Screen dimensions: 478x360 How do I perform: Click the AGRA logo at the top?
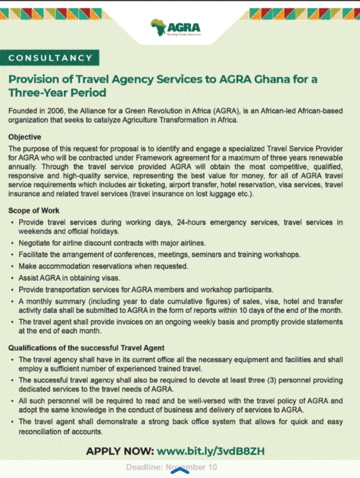coord(175,28)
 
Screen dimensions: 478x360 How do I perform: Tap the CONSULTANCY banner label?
coord(50,58)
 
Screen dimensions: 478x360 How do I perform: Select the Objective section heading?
coord(25,137)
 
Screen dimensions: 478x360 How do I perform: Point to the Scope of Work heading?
coord(33,211)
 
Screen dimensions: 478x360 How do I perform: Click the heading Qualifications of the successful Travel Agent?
coord(86,348)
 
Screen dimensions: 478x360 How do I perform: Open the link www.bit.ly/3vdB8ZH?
coord(210,452)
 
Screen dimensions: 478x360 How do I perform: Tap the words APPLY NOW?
coord(119,452)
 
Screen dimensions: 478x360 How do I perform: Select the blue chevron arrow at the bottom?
coord(179,470)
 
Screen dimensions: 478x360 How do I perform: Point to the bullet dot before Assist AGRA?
coord(12,278)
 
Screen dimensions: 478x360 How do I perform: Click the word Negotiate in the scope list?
coord(36,243)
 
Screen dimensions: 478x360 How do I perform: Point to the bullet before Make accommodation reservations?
coord(12,267)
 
